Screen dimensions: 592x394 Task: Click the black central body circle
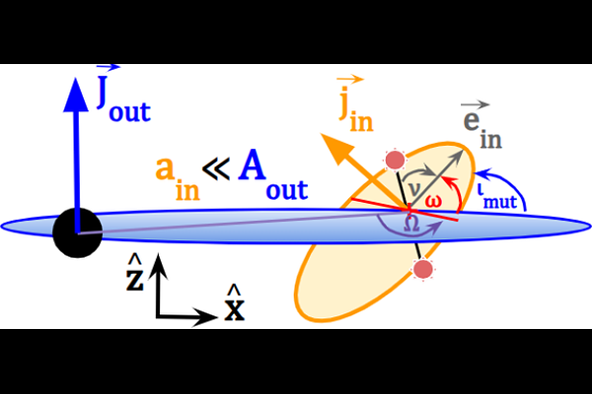77,233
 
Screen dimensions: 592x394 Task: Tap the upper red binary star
396,160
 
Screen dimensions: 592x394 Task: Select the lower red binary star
423,269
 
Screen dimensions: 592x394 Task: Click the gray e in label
482,124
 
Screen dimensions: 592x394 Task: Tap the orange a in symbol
178,179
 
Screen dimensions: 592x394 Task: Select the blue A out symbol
273,174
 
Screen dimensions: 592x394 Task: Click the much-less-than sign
216,169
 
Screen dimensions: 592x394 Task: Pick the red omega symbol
433,201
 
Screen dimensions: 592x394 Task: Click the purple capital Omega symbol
411,224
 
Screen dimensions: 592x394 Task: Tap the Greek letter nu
414,188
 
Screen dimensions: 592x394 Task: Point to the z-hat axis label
135,272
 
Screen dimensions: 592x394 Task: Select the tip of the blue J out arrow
76,78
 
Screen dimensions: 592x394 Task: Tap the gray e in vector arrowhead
458,155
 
